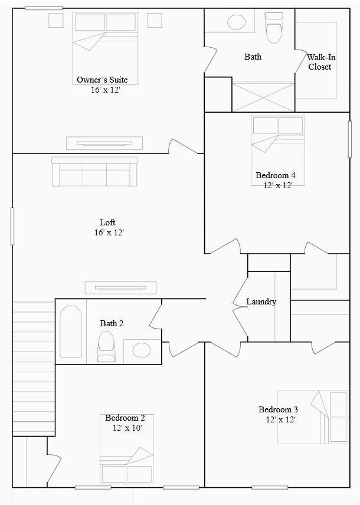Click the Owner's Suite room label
pyautogui.click(x=102, y=80)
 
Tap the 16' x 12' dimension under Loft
pyautogui.click(x=107, y=232)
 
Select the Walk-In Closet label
pyautogui.click(x=319, y=62)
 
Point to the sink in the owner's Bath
pyautogui.click(x=236, y=23)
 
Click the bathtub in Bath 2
pyautogui.click(x=71, y=332)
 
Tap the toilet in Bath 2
pyautogui.click(x=106, y=346)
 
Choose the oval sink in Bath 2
pyautogui.click(x=142, y=350)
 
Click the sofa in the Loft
pyautogui.click(x=94, y=172)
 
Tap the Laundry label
pyautogui.click(x=261, y=301)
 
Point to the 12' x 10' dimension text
pyautogui.click(x=127, y=427)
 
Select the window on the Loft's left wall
pyautogui.click(x=12, y=225)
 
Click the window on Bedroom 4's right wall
pyautogui.click(x=350, y=139)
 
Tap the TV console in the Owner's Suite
pyautogui.click(x=104, y=142)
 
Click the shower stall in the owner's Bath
pyautogui.click(x=263, y=96)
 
